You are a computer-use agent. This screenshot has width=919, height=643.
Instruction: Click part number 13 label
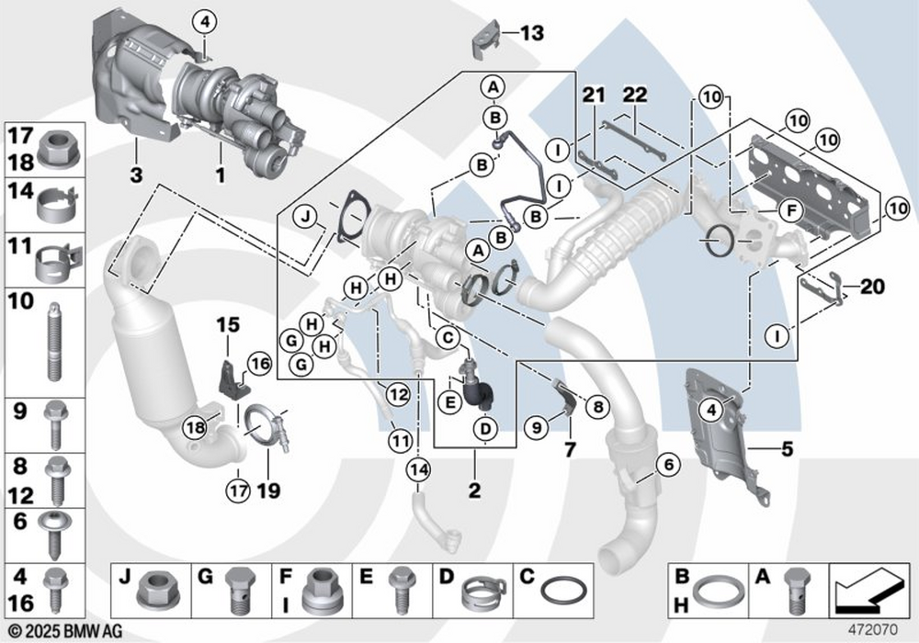(532, 34)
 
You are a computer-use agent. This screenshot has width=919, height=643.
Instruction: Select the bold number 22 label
(635, 94)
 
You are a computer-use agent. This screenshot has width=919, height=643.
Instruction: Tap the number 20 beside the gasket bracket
(872, 287)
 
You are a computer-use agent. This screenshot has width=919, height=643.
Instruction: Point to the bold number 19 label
(268, 491)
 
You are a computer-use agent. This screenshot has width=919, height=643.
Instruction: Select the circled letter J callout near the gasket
(307, 218)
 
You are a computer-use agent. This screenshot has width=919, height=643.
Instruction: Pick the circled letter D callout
(487, 428)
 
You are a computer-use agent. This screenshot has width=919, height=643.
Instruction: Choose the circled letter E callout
(450, 401)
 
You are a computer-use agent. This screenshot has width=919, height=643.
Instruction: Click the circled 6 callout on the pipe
(667, 466)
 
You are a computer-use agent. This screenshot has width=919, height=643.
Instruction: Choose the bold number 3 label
(135, 174)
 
